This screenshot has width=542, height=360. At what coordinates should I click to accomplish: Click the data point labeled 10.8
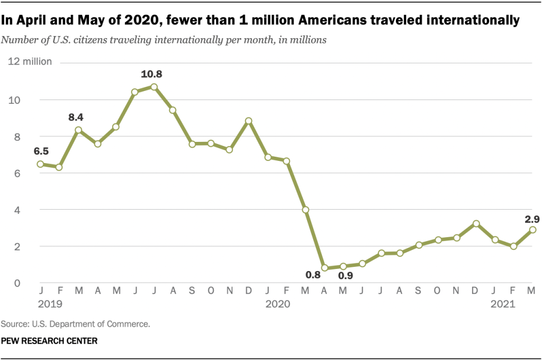(x=154, y=87)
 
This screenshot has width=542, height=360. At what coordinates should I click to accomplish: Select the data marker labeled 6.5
(x=40, y=164)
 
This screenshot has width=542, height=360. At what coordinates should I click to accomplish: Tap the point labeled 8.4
(x=78, y=130)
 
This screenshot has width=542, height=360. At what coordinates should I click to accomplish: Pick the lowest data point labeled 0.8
(x=324, y=268)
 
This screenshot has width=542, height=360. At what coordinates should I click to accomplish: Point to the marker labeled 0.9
(x=344, y=266)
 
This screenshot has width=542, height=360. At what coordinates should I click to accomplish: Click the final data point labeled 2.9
(x=532, y=230)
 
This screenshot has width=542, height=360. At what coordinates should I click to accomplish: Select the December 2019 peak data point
(x=249, y=121)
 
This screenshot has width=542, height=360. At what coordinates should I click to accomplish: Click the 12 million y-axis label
(x=30, y=61)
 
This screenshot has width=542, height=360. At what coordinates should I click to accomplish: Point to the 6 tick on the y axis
(x=17, y=173)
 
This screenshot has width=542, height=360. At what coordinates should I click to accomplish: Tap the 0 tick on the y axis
(x=17, y=283)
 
